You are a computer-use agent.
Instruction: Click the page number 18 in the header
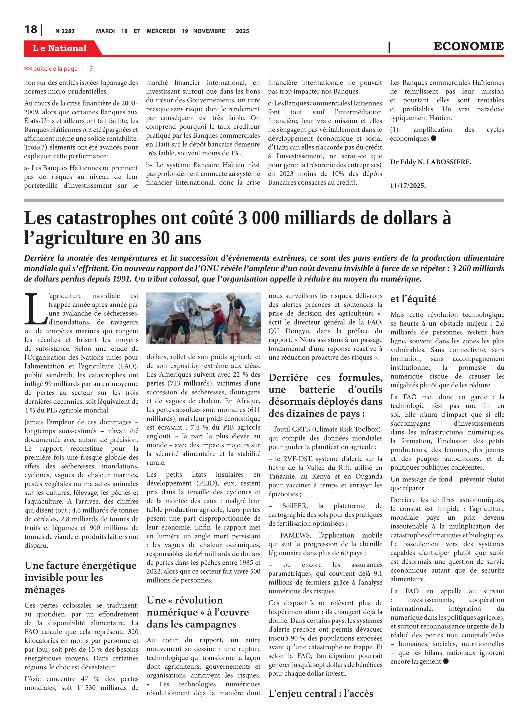point(31,30)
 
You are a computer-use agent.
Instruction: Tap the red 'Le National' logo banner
point(60,48)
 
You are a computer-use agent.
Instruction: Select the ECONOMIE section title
point(468,46)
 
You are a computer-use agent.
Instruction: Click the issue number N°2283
point(65,31)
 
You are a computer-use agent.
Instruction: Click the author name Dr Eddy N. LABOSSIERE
point(430,162)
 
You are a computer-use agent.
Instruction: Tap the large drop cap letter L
point(36,309)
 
